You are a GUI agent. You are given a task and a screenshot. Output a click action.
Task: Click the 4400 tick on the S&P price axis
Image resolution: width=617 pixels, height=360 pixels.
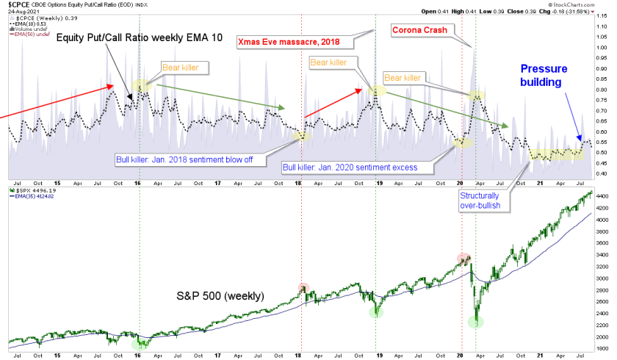coord(604,197)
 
